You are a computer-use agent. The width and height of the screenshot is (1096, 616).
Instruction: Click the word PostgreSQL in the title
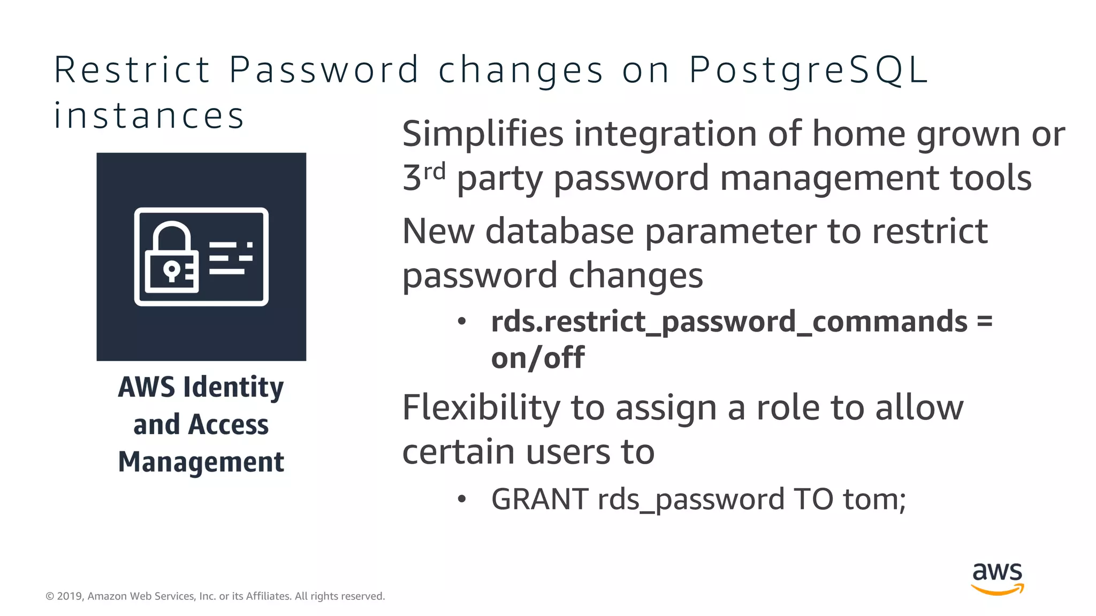pos(808,71)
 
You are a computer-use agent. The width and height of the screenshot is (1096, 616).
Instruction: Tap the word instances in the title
pos(149,116)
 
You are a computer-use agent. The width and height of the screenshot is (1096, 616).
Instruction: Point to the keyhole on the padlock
pos(171,270)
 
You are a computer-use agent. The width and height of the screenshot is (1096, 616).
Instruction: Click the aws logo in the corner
pos(997,578)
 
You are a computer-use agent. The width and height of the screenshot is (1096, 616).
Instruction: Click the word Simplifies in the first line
pos(482,134)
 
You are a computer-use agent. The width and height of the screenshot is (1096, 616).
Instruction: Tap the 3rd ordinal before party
pos(423,176)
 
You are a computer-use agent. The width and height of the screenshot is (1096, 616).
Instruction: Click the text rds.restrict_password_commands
pos(729,321)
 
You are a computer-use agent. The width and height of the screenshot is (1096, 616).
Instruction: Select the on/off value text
pos(537,357)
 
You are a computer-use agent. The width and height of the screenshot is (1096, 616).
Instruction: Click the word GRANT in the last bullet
pos(539,499)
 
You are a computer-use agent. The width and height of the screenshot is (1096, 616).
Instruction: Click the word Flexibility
pos(481,407)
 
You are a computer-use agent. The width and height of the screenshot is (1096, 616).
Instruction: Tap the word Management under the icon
pos(201,462)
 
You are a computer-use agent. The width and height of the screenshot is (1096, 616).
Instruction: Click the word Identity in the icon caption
pos(233,387)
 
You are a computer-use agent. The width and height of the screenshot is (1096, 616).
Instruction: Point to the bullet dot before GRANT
pos(462,499)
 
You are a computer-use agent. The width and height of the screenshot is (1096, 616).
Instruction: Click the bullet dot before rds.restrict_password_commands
pos(462,322)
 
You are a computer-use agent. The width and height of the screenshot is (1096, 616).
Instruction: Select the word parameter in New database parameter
pos(730,232)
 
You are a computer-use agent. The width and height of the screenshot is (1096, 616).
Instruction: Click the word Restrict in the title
pos(132,71)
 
